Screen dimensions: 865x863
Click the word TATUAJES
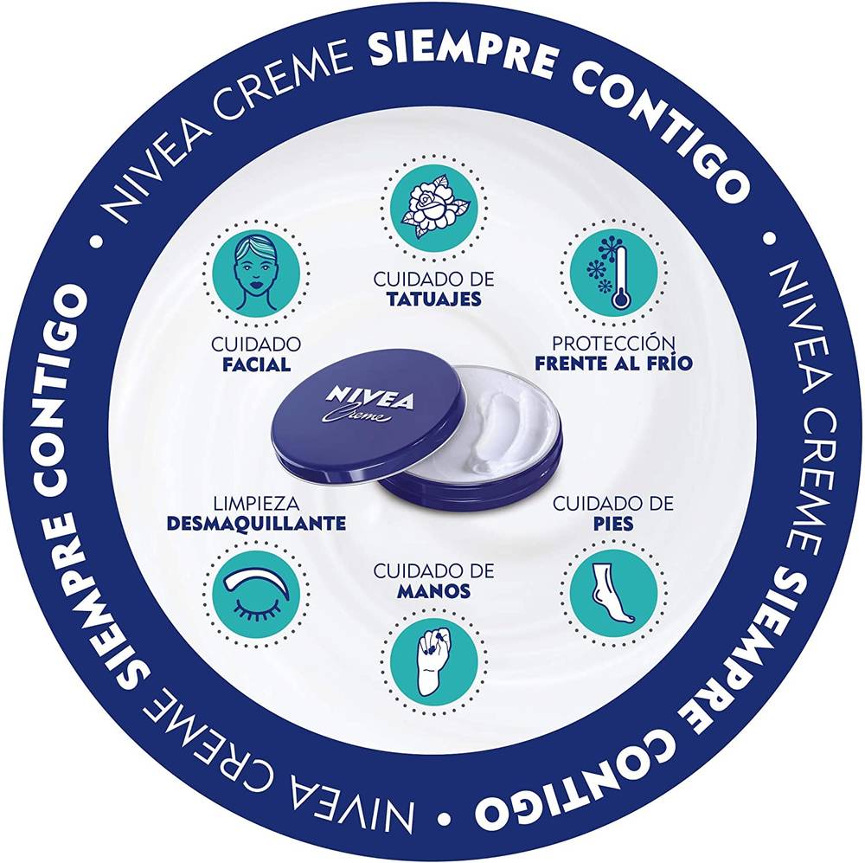pyautogui.click(x=434, y=299)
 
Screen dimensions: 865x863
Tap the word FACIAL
pyautogui.click(x=257, y=365)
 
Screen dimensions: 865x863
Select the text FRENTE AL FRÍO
pyautogui.click(x=613, y=364)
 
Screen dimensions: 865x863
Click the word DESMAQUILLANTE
pyautogui.click(x=257, y=524)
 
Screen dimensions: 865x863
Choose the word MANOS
pyautogui.click(x=434, y=591)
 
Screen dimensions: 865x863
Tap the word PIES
pyautogui.click(x=613, y=524)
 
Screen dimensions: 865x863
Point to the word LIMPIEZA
pyautogui.click(x=257, y=504)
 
